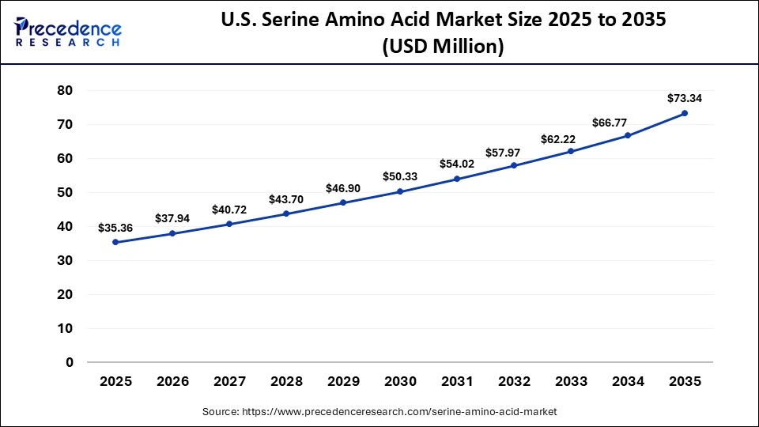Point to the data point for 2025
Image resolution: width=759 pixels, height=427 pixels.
click(115, 242)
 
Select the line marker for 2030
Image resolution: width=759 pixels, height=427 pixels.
click(400, 191)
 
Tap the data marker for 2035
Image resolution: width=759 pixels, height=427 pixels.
click(685, 113)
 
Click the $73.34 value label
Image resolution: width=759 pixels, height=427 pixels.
click(685, 98)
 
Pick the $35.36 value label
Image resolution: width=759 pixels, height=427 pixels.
click(115, 228)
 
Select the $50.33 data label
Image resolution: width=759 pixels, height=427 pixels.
click(400, 176)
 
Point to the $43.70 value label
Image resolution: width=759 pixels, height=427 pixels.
click(286, 199)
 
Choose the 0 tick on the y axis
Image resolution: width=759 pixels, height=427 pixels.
click(69, 362)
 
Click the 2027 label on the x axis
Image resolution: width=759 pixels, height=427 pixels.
click(229, 381)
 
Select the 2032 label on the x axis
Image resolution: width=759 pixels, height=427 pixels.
click(514, 381)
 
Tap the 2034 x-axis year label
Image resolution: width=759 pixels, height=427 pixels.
click(628, 381)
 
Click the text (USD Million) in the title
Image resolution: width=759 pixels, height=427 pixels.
click(443, 47)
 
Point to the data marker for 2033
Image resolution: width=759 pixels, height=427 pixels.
click(571, 151)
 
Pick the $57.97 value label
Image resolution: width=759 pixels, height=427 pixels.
click(514, 151)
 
